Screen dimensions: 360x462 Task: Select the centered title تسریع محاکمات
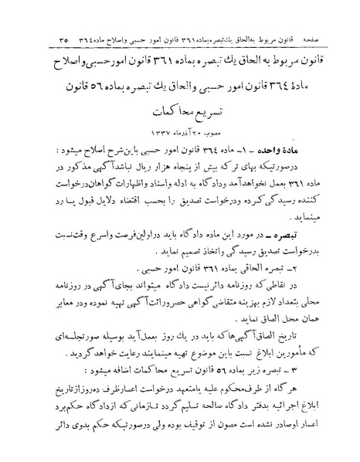coord(178,111)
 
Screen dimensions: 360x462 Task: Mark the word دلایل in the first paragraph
coord(89,205)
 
